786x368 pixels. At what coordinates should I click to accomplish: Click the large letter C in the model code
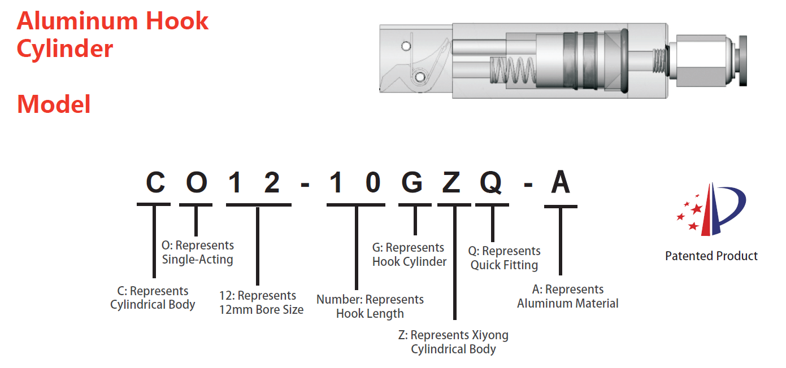tap(155, 182)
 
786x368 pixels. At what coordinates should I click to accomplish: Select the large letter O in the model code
tap(196, 182)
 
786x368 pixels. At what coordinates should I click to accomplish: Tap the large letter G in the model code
tap(415, 182)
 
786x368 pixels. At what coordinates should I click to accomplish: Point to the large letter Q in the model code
tap(492, 182)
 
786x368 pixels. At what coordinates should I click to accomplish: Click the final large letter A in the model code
tap(561, 182)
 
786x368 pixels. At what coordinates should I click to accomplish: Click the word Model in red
tap(54, 104)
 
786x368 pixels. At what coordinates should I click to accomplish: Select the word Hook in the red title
tap(177, 21)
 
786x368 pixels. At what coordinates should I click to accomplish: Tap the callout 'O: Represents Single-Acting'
tap(197, 253)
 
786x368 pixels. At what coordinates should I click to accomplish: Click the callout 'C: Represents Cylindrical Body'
tap(153, 298)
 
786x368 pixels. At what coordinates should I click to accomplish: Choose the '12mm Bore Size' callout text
tap(261, 310)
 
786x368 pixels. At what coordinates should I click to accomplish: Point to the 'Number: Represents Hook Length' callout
tap(370, 306)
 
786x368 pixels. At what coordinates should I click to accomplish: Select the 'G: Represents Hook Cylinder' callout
tap(409, 255)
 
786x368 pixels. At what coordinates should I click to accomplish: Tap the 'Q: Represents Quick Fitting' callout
tap(505, 258)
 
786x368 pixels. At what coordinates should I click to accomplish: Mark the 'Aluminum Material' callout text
tap(567, 304)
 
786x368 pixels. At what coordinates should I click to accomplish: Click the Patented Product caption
tap(711, 256)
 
